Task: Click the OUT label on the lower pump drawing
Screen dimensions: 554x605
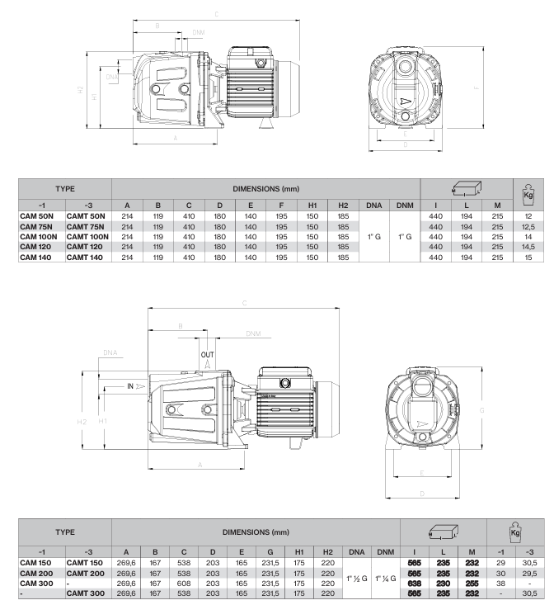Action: coord(207,355)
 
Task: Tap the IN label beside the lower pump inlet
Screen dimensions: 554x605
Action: coord(130,385)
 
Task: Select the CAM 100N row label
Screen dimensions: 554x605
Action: coord(38,237)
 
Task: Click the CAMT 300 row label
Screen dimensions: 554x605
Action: coord(85,593)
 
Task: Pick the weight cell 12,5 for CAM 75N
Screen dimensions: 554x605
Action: coord(528,226)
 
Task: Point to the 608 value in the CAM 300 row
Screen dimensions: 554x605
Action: coord(184,584)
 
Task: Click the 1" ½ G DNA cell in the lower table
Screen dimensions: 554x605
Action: coord(357,579)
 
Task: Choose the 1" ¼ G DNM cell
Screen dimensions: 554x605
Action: coord(386,579)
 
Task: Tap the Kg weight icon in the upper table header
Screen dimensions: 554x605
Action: coord(528,192)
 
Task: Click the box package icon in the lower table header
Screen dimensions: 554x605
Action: coord(444,532)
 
